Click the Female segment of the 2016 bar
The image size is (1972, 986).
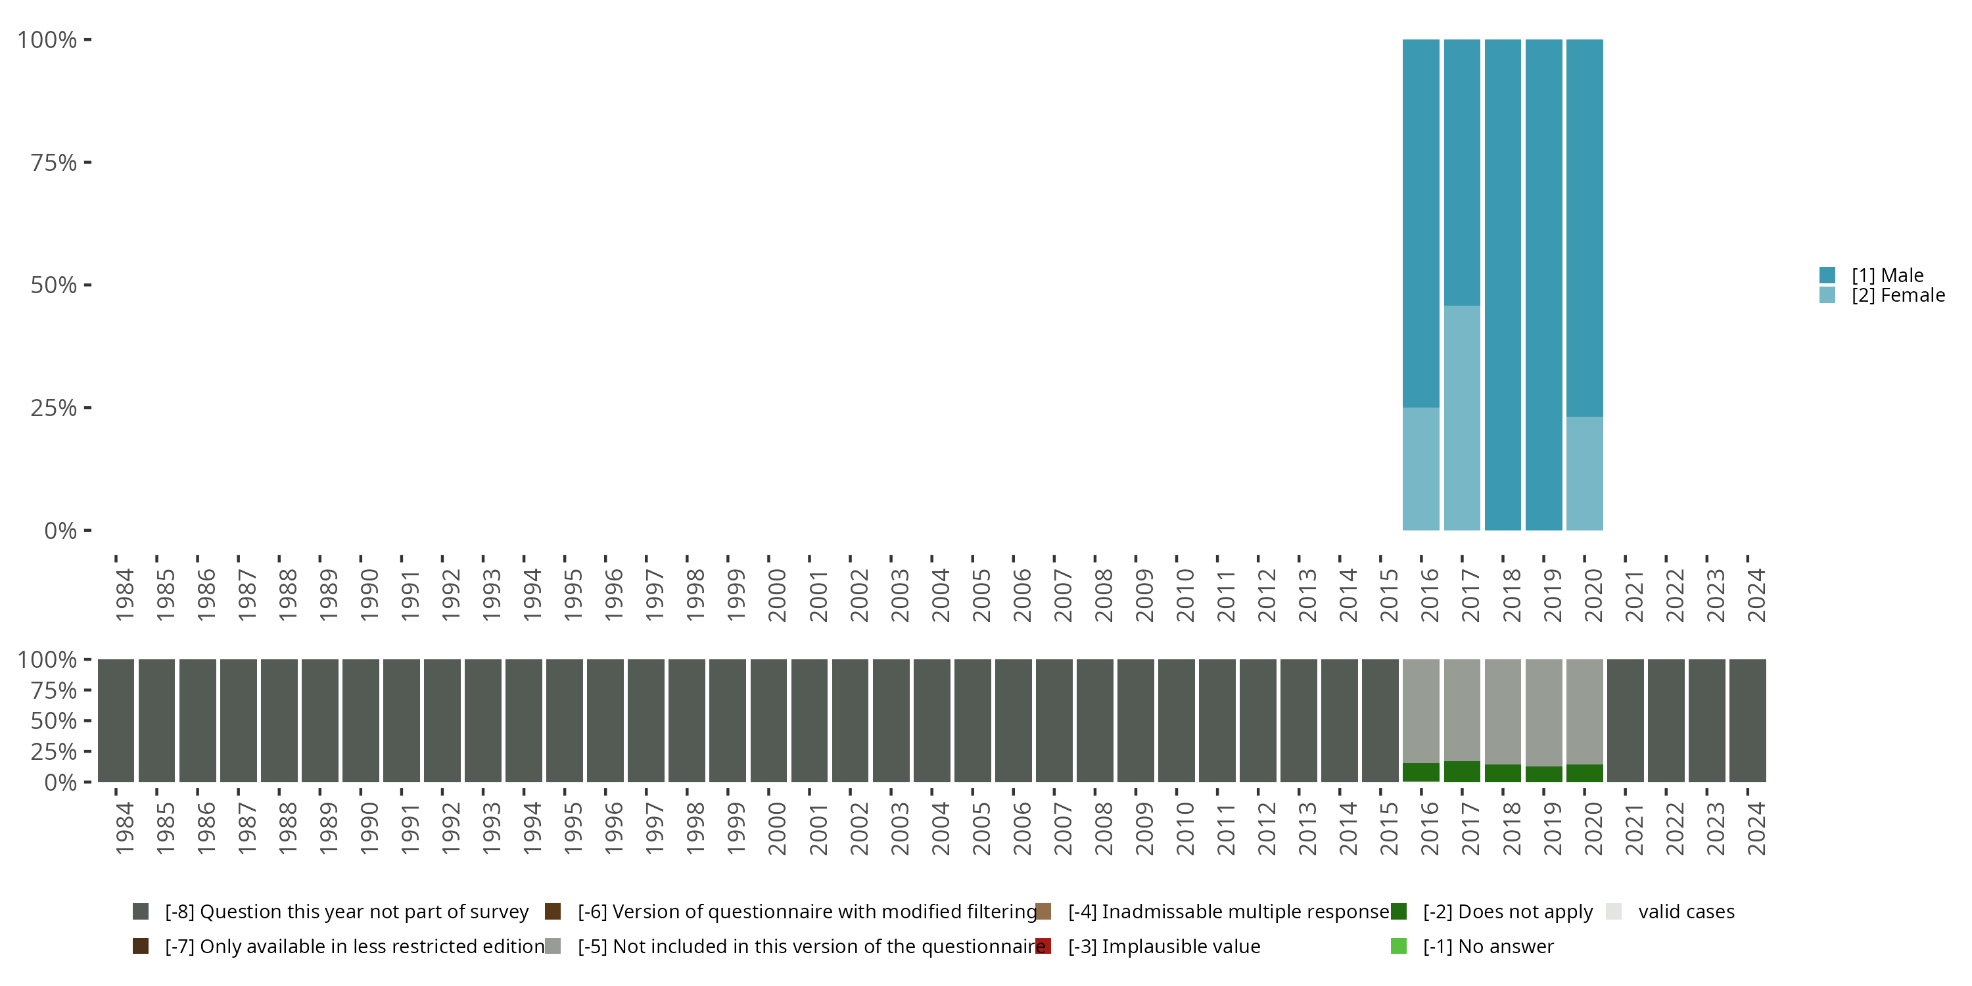pyautogui.click(x=1420, y=469)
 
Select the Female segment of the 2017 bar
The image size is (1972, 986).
pyautogui.click(x=1461, y=418)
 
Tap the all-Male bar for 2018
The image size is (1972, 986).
pyautogui.click(x=1502, y=285)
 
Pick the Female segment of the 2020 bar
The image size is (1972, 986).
pyautogui.click(x=1584, y=473)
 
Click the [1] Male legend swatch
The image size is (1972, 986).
pyautogui.click(x=1827, y=275)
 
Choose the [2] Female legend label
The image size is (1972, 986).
pyautogui.click(x=1898, y=296)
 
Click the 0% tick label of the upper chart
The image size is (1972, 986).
pyautogui.click(x=60, y=530)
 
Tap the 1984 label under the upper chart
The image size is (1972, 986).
pyautogui.click(x=125, y=595)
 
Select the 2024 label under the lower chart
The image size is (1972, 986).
pyautogui.click(x=1756, y=828)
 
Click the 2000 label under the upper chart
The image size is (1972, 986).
pyautogui.click(x=777, y=595)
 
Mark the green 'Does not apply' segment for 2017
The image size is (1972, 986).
pyautogui.click(x=1461, y=772)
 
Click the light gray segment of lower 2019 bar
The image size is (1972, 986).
pyautogui.click(x=1543, y=712)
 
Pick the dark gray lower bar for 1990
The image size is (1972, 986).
pyautogui.click(x=361, y=720)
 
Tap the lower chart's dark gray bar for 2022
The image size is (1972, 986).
pyautogui.click(x=1666, y=720)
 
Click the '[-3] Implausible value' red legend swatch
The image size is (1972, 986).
pyautogui.click(x=1043, y=946)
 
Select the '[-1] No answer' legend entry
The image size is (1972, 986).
pyautogui.click(x=1488, y=946)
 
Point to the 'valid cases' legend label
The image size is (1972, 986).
pyautogui.click(x=1685, y=912)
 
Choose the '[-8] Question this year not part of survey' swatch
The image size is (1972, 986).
pyautogui.click(x=140, y=912)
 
